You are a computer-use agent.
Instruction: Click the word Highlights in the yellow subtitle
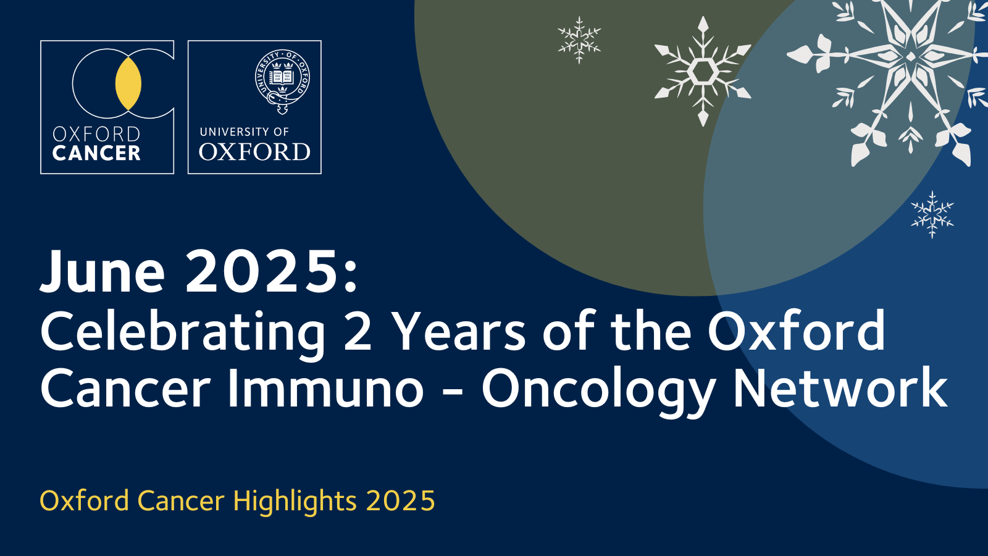click(295, 502)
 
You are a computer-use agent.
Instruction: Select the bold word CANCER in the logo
click(96, 153)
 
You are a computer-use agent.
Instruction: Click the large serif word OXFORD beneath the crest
click(254, 152)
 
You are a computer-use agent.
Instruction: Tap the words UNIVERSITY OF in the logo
click(245, 132)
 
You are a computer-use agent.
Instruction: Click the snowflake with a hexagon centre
click(702, 72)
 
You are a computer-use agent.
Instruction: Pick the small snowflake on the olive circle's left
click(579, 40)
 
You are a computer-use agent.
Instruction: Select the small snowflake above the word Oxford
click(932, 215)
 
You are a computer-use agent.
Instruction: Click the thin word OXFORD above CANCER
click(96, 134)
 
